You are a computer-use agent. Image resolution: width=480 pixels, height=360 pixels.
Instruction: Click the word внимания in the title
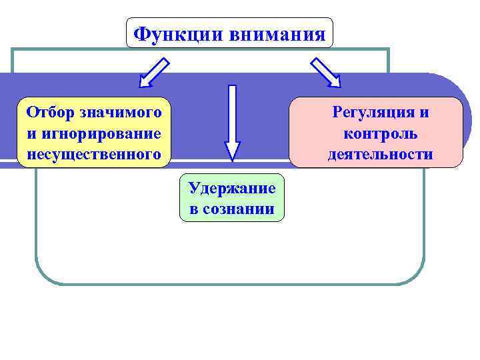coord(277,33)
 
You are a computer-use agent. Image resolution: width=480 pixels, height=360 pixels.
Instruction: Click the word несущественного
coord(94,155)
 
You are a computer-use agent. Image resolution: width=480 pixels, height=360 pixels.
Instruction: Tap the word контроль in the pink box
coord(381,133)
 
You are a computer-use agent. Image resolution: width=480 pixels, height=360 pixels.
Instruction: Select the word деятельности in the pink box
coord(380,155)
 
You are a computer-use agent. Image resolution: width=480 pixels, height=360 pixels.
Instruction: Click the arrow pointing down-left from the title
coord(154,73)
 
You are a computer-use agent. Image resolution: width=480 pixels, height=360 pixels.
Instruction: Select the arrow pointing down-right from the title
coord(325,73)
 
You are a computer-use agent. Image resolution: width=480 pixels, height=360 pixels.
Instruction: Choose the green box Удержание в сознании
coord(232,198)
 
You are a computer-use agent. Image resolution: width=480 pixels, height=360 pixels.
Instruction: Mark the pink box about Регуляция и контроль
coord(375,132)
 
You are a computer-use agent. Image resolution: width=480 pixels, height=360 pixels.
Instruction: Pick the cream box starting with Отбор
coord(94,133)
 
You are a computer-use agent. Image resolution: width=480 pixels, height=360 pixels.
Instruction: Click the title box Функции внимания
coord(229,33)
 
